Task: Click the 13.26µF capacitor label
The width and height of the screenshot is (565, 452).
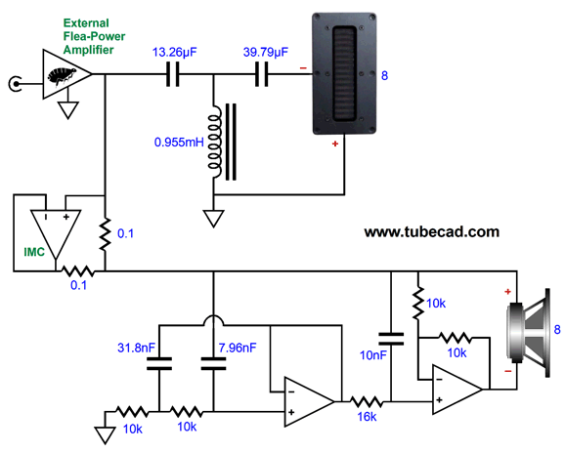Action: coord(174,53)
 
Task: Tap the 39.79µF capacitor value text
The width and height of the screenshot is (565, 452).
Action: coord(266,53)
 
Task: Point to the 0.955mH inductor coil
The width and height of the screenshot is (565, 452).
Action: coord(214,142)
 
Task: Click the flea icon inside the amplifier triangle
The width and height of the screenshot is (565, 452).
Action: coord(63,76)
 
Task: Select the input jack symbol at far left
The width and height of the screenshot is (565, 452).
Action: coord(15,84)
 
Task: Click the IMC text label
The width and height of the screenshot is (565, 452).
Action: coord(34,252)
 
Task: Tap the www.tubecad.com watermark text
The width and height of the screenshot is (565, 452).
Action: coord(432,231)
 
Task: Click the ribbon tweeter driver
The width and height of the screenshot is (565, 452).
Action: coord(344,74)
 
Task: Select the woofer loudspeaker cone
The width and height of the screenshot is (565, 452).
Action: coord(529,333)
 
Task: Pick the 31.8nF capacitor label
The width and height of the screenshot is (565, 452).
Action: coord(136,348)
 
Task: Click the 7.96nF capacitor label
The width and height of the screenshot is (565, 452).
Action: coord(238,348)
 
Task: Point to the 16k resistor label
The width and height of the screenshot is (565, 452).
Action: coord(367,417)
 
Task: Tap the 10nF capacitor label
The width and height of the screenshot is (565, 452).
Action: coord(373,355)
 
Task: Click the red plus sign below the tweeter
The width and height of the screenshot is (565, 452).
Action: coord(335,144)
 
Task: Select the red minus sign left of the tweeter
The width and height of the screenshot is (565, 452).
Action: coord(303,68)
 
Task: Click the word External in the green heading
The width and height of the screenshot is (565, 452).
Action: coord(86,23)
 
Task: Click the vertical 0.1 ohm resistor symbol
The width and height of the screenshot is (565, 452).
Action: coord(105,234)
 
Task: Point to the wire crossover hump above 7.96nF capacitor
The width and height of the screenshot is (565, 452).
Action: coord(214,319)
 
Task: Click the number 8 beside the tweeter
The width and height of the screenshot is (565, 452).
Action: coord(384,75)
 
